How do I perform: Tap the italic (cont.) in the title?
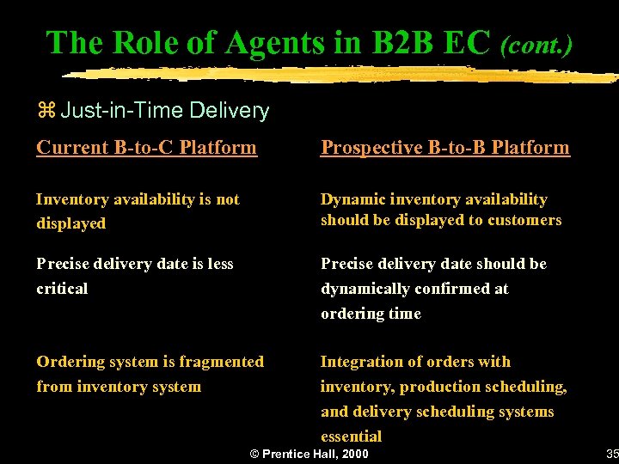pos(536,44)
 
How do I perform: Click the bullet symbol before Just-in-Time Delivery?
pos(46,111)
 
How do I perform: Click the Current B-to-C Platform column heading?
pos(146,148)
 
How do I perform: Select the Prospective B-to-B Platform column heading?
pos(444,148)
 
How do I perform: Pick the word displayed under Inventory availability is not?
pos(70,223)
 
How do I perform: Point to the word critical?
pos(62,289)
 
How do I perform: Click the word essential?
pos(351,436)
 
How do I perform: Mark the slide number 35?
pos(611,454)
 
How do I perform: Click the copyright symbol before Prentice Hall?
pos(254,454)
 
